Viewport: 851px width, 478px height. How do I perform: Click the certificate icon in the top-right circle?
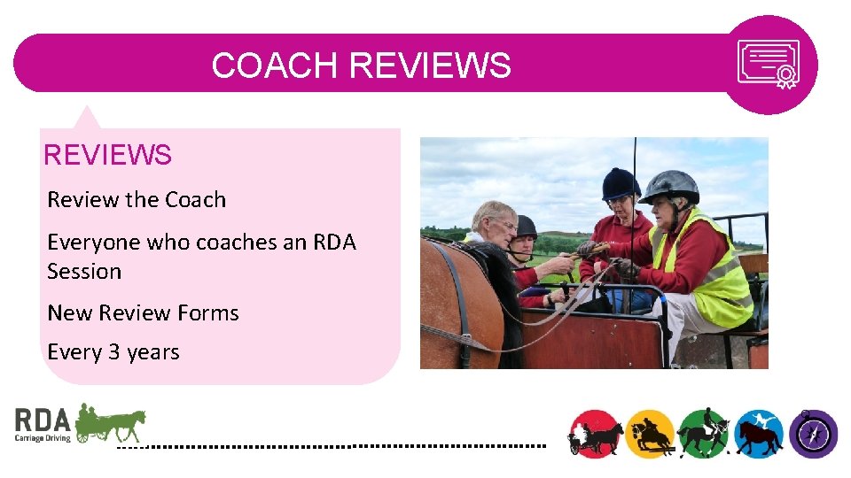(x=769, y=64)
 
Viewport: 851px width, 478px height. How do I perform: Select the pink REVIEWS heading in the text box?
(x=107, y=156)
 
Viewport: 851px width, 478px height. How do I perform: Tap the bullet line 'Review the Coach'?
(x=137, y=200)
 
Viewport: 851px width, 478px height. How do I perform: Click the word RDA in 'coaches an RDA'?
(x=334, y=243)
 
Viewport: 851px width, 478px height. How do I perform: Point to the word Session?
(x=84, y=271)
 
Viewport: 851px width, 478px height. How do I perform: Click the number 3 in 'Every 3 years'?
(x=113, y=352)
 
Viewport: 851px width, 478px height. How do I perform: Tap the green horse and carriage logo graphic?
(x=111, y=423)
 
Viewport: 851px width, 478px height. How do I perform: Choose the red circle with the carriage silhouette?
(x=594, y=434)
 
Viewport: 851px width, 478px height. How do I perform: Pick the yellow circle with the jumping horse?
(x=651, y=434)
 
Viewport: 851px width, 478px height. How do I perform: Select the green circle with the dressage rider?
(x=704, y=434)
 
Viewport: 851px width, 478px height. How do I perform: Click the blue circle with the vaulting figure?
(x=759, y=434)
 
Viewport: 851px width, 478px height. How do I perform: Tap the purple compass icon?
(x=814, y=434)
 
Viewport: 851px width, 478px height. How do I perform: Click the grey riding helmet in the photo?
(x=670, y=186)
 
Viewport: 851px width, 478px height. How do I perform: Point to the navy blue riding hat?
(x=621, y=183)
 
